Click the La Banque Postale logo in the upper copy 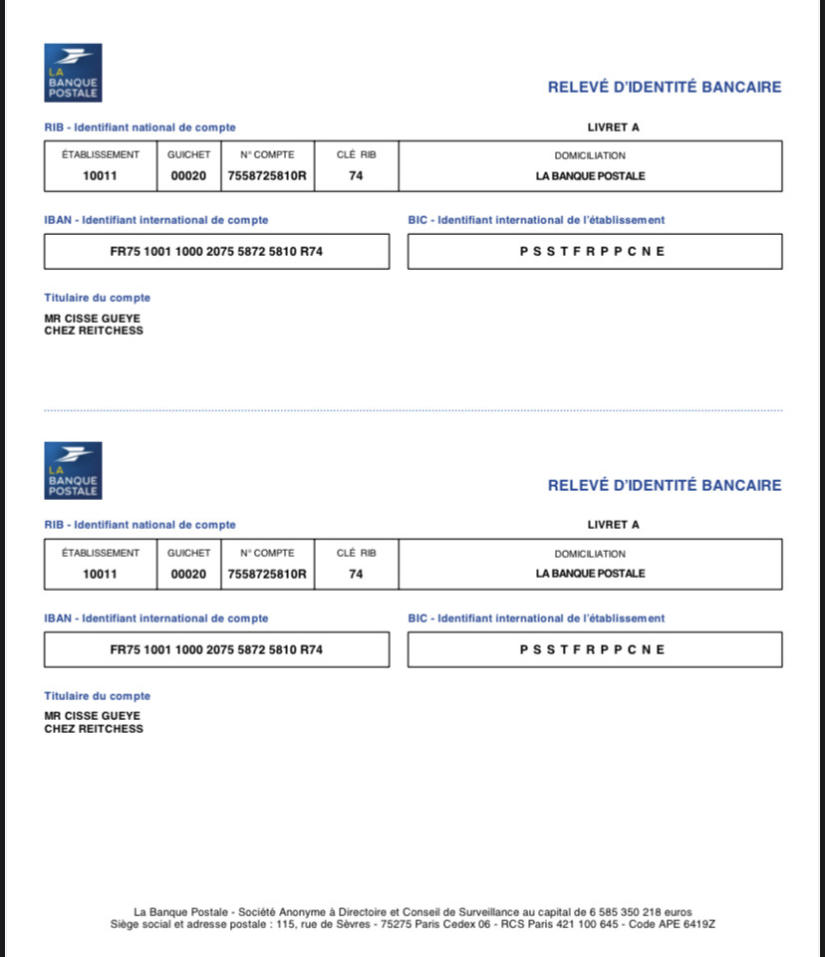click(x=73, y=73)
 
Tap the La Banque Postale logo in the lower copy click(x=73, y=470)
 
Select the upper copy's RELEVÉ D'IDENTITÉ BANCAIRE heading click(x=665, y=88)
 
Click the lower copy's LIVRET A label click(x=614, y=525)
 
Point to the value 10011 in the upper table click(x=100, y=176)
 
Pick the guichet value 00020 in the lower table click(x=188, y=575)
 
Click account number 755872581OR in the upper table click(x=267, y=176)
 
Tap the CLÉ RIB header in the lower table click(x=357, y=554)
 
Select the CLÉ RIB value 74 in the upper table click(x=356, y=176)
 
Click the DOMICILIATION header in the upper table click(x=590, y=156)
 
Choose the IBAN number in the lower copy click(x=216, y=650)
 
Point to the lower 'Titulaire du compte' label click(x=98, y=696)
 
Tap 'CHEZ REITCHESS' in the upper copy click(x=94, y=331)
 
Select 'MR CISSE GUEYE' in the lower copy click(x=93, y=716)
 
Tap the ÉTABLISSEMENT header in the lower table click(x=101, y=554)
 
